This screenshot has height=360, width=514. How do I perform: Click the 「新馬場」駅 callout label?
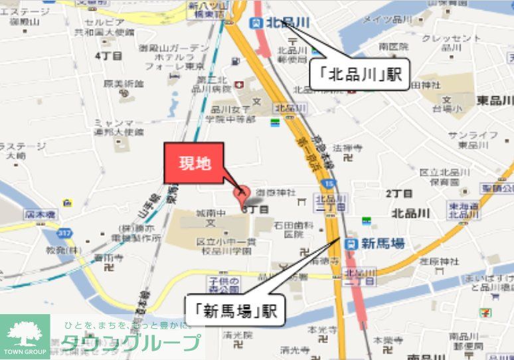click(235, 310)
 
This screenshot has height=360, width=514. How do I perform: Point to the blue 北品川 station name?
click(288, 23)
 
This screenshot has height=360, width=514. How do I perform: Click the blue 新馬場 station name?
click(384, 244)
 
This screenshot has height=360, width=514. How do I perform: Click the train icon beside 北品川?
click(255, 23)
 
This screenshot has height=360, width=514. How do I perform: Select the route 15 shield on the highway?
click(330, 183)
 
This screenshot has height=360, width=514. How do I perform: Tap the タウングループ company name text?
click(131, 343)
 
